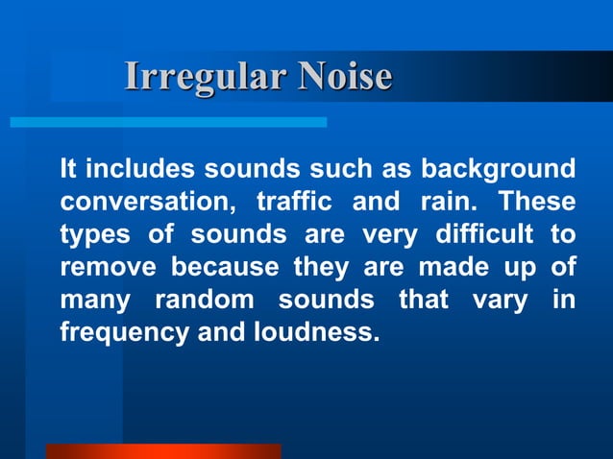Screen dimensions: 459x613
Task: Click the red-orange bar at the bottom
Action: [x=162, y=450]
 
